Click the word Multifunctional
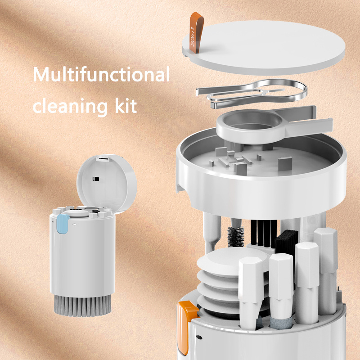tap(101, 74)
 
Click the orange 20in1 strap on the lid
tap(196, 32)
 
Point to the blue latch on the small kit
tap(63, 223)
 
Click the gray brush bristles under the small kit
tap(82, 306)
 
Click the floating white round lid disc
tap(264, 48)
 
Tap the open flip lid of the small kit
tap(107, 181)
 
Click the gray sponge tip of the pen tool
tap(280, 323)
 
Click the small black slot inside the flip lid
tap(96, 179)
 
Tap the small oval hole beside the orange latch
tap(199, 337)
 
